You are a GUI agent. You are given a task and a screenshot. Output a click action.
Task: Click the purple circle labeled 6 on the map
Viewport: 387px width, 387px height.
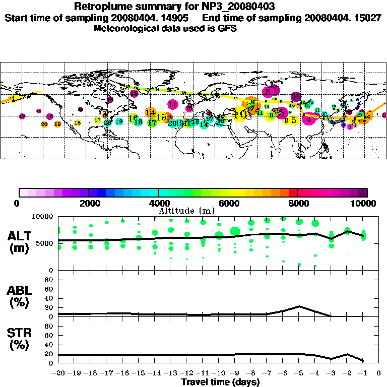tap(296, 97)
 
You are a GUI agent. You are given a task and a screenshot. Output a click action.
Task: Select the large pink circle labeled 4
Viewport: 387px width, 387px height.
tap(309, 119)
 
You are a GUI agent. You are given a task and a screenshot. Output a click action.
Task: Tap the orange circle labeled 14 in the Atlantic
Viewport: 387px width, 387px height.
tap(150, 112)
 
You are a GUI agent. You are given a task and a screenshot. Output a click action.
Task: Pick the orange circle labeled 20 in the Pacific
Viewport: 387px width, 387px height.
tap(44, 124)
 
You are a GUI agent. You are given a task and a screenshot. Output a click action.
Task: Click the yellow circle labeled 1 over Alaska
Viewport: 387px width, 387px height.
tap(15, 98)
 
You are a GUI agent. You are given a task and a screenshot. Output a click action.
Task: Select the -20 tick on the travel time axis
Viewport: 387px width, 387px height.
tap(59, 374)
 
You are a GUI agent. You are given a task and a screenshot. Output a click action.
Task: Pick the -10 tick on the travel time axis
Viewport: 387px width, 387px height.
tap(219, 374)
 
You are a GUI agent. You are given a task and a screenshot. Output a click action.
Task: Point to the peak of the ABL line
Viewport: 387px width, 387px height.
tap(299, 306)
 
